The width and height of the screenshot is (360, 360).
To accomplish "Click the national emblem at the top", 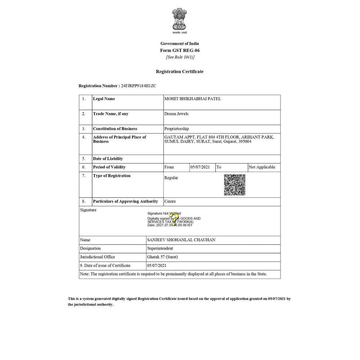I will pos(180,21).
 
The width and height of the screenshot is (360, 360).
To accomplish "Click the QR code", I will pos(235,185).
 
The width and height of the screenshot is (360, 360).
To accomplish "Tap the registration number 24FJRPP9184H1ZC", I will pos(139,86).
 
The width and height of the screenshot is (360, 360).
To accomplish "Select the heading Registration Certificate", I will pos(180,72).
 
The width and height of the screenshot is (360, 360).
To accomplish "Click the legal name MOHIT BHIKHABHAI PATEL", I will pos(193,99).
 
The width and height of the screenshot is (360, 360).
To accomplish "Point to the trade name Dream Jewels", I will pos(176,114).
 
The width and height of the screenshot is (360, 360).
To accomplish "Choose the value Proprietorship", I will pos(176,129).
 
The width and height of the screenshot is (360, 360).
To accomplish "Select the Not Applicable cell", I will pos(262,167).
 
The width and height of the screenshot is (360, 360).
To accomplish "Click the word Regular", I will pos(171,178).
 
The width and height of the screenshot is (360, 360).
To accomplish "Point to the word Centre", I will pos(170,201).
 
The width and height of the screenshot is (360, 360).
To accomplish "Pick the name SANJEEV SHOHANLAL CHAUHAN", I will pos(181,240).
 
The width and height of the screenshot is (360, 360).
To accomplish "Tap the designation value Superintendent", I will pos(160,248).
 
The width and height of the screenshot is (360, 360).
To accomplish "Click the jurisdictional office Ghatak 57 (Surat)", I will pos(162,257).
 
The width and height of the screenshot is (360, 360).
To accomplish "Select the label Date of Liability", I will pos(108,159).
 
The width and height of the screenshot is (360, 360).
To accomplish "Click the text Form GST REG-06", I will pos(180,50).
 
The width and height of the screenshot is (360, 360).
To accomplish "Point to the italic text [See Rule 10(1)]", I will pos(180,57).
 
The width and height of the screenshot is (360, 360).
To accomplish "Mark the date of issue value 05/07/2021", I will pos(157,266).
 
